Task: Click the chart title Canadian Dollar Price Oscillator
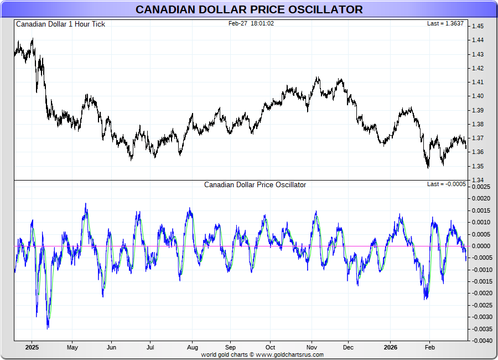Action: [249, 9]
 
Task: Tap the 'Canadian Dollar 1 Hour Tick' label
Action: [60, 24]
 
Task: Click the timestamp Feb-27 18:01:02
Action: [251, 23]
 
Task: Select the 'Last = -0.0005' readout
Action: [447, 184]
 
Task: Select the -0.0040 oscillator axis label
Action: [481, 341]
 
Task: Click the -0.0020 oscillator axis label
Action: [481, 294]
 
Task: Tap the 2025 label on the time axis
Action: [32, 348]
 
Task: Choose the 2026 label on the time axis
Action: [391, 348]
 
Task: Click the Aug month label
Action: [191, 348]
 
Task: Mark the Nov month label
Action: [312, 348]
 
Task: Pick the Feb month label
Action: [429, 348]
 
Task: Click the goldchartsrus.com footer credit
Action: [262, 354]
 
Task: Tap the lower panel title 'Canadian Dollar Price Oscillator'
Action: [255, 185]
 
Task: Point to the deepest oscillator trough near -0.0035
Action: [48, 328]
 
